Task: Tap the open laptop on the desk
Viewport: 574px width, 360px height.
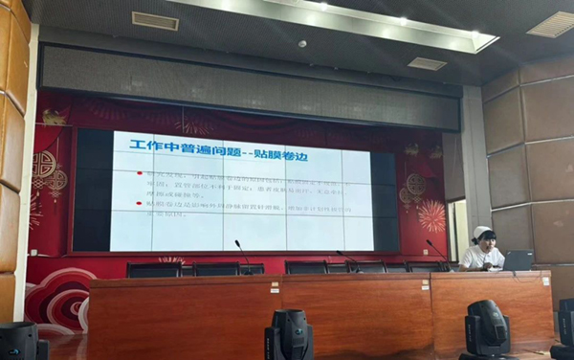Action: [519, 259]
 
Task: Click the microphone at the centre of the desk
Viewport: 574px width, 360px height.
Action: [241, 253]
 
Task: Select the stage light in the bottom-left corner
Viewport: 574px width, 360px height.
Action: [21, 341]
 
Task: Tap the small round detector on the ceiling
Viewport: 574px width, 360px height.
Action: [302, 44]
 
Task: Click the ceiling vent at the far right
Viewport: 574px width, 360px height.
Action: [553, 24]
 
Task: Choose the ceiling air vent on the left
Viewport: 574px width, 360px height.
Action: [155, 20]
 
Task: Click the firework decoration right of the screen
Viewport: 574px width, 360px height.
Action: [431, 216]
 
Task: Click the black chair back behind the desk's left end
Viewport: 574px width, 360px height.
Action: [154, 270]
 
